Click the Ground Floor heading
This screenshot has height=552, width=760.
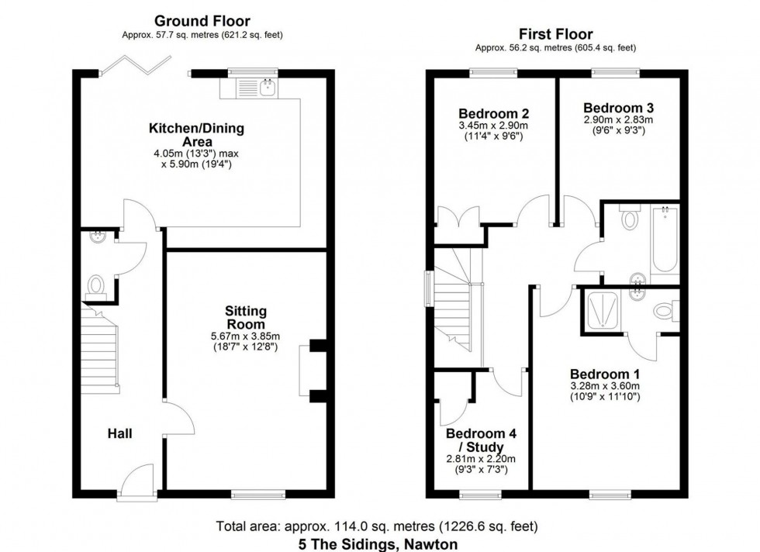coord(202,21)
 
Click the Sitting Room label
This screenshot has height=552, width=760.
coord(246,318)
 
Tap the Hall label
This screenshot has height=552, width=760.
coord(119,433)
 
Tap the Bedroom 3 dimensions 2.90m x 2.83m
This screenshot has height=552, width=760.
coord(618,120)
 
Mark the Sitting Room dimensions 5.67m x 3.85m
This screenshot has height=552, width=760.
coord(246,336)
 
